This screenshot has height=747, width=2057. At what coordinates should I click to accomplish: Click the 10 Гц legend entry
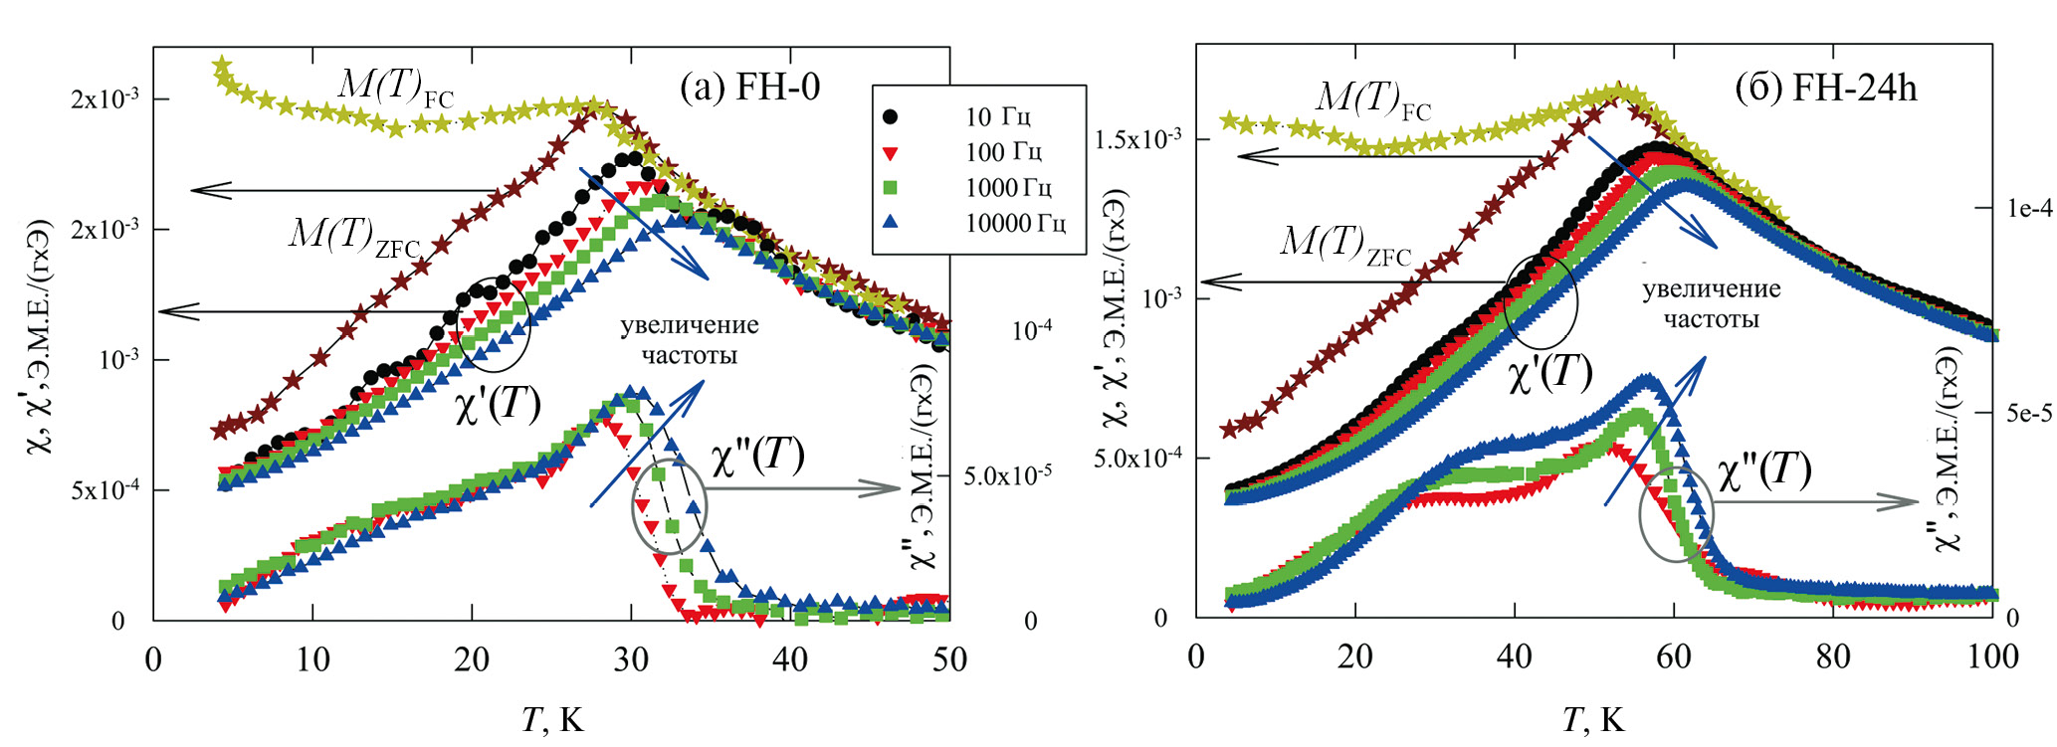(997, 117)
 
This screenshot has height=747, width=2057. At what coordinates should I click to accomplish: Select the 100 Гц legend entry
(1003, 152)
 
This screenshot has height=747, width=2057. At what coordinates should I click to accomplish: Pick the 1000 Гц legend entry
(1008, 188)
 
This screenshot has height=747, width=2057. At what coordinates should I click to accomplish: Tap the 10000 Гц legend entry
(1014, 224)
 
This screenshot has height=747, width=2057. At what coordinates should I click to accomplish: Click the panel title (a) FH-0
(749, 88)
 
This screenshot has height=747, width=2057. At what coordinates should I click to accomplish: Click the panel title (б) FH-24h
(1825, 89)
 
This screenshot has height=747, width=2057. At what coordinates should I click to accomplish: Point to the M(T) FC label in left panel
(395, 88)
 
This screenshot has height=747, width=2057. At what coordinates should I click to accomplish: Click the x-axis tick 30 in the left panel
(631, 658)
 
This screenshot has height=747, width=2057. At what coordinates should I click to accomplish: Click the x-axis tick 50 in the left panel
(949, 658)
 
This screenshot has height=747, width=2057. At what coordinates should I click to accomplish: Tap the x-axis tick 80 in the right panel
(1833, 656)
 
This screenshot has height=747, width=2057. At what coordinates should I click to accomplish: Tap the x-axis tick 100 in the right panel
(1991, 656)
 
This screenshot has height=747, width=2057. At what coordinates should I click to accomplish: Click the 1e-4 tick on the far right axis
(2029, 208)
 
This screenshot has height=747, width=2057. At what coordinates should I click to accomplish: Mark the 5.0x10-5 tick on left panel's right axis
(1007, 476)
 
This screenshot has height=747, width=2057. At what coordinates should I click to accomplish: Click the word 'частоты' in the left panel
(689, 355)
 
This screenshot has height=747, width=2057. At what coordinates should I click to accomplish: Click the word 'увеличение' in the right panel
(1711, 289)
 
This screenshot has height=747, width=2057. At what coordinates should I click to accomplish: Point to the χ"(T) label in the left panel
(757, 456)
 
